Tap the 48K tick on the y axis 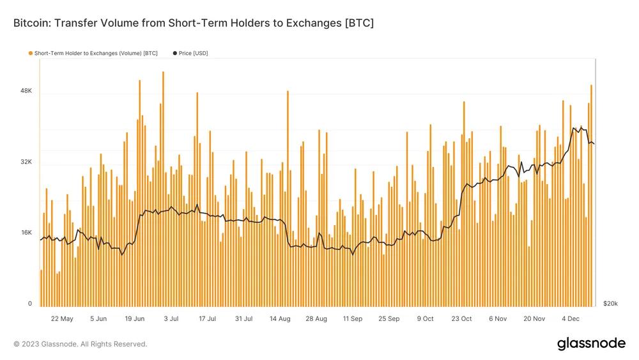[26, 91]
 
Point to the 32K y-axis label [26, 162]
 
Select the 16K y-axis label [26, 233]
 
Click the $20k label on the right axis [610, 304]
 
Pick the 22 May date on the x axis [62, 318]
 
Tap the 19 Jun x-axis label [135, 318]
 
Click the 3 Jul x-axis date [171, 318]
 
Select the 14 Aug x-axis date [280, 318]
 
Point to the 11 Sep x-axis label [353, 318]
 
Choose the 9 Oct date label [425, 318]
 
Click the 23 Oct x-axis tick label [461, 318]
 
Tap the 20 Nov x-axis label [534, 318]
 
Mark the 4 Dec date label [571, 318]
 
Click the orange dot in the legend [30, 53]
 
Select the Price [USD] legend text [193, 53]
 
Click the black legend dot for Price [174, 53]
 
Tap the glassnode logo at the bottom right [591, 343]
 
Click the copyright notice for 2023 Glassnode [80, 344]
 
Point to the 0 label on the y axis [29, 304]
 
